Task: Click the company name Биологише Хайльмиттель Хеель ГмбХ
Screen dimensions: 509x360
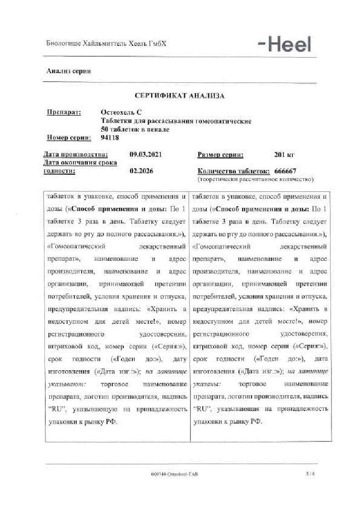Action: pos(107,44)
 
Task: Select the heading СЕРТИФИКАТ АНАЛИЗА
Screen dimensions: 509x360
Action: pos(180,96)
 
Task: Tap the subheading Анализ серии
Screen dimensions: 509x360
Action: pos(69,71)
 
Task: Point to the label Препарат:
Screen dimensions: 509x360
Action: pos(64,113)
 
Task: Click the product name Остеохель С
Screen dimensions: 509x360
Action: pos(122,113)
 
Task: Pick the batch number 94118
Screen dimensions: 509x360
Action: pos(109,137)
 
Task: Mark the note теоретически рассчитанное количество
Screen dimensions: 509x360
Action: pos(255,179)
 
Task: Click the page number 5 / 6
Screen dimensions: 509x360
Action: pos(310,474)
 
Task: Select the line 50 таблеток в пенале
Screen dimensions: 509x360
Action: pos(135,129)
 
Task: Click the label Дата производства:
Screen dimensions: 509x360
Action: pos(76,154)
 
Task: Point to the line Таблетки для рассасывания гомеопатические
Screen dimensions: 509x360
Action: pos(176,121)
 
